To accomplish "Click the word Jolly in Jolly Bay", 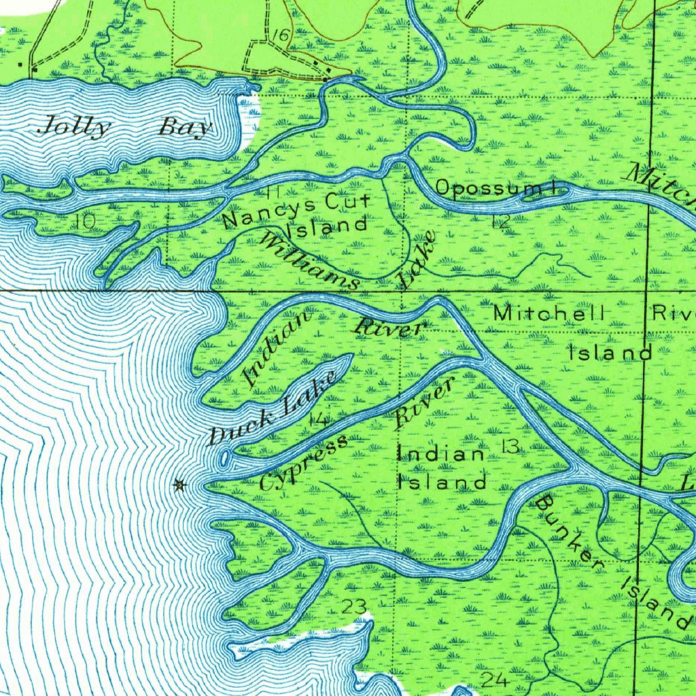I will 74,126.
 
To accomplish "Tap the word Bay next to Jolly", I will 186,128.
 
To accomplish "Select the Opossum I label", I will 495,188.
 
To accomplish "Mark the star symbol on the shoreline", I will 179,485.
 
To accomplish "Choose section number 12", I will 501,221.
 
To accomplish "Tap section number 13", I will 510,447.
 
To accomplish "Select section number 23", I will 355,607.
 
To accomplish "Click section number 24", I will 493,680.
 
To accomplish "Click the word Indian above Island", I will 442,453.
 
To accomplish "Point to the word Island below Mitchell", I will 610,353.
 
